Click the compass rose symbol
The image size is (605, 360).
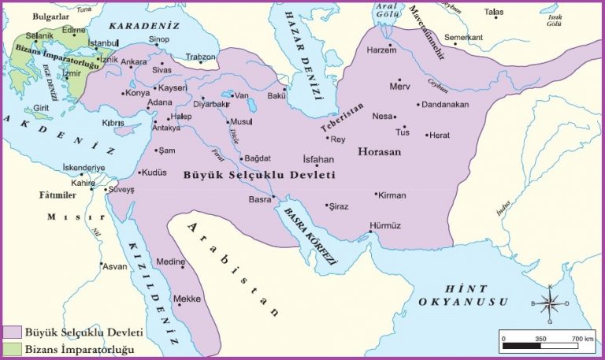pyautogui.click(x=550, y=303)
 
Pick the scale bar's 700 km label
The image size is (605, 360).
pyautogui.click(x=582, y=337)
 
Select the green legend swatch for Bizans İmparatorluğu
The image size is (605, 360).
pyautogui.click(x=12, y=348)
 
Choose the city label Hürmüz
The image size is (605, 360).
pyautogui.click(x=384, y=225)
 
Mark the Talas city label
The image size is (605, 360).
pyautogui.click(x=494, y=12)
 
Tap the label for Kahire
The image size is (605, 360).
pyautogui.click(x=83, y=183)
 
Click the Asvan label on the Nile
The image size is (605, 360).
pyautogui.click(x=114, y=266)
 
